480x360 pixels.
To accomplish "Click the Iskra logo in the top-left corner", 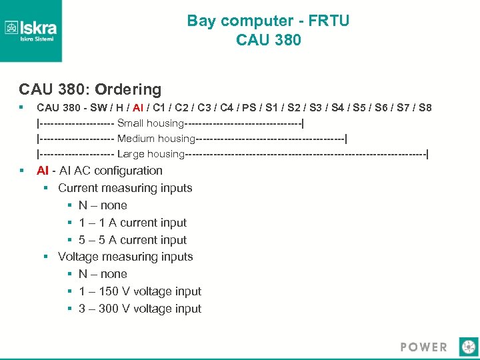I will [31, 31].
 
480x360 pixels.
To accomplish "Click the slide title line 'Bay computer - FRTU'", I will [268, 21].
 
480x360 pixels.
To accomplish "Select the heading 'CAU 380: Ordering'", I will [90, 89].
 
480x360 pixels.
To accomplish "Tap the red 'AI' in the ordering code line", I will [138, 107].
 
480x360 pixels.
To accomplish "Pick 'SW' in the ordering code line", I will [97, 107].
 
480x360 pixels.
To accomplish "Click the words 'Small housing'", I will [150, 123].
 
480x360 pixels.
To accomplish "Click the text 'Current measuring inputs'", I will [125, 188].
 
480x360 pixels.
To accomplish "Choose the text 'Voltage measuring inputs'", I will [125, 257].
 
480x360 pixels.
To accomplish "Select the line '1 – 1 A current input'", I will [133, 223].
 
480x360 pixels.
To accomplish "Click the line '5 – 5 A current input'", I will [133, 240].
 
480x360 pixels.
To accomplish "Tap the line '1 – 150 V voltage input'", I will [140, 291].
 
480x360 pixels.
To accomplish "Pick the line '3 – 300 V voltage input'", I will [140, 309].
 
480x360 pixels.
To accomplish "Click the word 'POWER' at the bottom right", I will [424, 347].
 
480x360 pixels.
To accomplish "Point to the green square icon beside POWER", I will [469, 347].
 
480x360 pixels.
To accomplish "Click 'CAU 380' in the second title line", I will [268, 40].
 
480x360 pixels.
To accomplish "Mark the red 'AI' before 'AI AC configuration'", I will [43, 171].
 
